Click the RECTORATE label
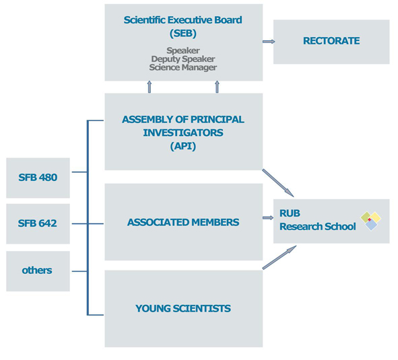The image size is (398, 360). point(331,41)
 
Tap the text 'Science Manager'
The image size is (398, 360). point(183,67)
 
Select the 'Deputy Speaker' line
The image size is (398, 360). point(183,59)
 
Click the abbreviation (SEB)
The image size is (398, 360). point(183,33)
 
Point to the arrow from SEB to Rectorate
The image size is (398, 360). point(269,42)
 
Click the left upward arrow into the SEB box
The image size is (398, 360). point(150,87)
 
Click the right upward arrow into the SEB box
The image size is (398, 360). point(217,87)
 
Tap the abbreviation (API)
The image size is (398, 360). point(183,146)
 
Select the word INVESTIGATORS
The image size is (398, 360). point(183,133)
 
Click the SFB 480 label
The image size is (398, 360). point(38,178)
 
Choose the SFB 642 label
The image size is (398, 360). point(37,223)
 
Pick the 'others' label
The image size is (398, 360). point(37,271)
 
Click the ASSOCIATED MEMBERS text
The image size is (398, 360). point(183,222)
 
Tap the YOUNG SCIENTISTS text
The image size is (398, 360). point(183,308)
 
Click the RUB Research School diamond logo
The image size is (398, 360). point(371,221)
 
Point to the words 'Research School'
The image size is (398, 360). point(318,227)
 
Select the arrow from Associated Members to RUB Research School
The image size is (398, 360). point(268,217)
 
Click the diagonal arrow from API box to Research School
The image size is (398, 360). point(278,183)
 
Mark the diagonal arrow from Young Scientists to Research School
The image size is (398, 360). point(279,257)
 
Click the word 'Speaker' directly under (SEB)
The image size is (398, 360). point(183,50)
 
